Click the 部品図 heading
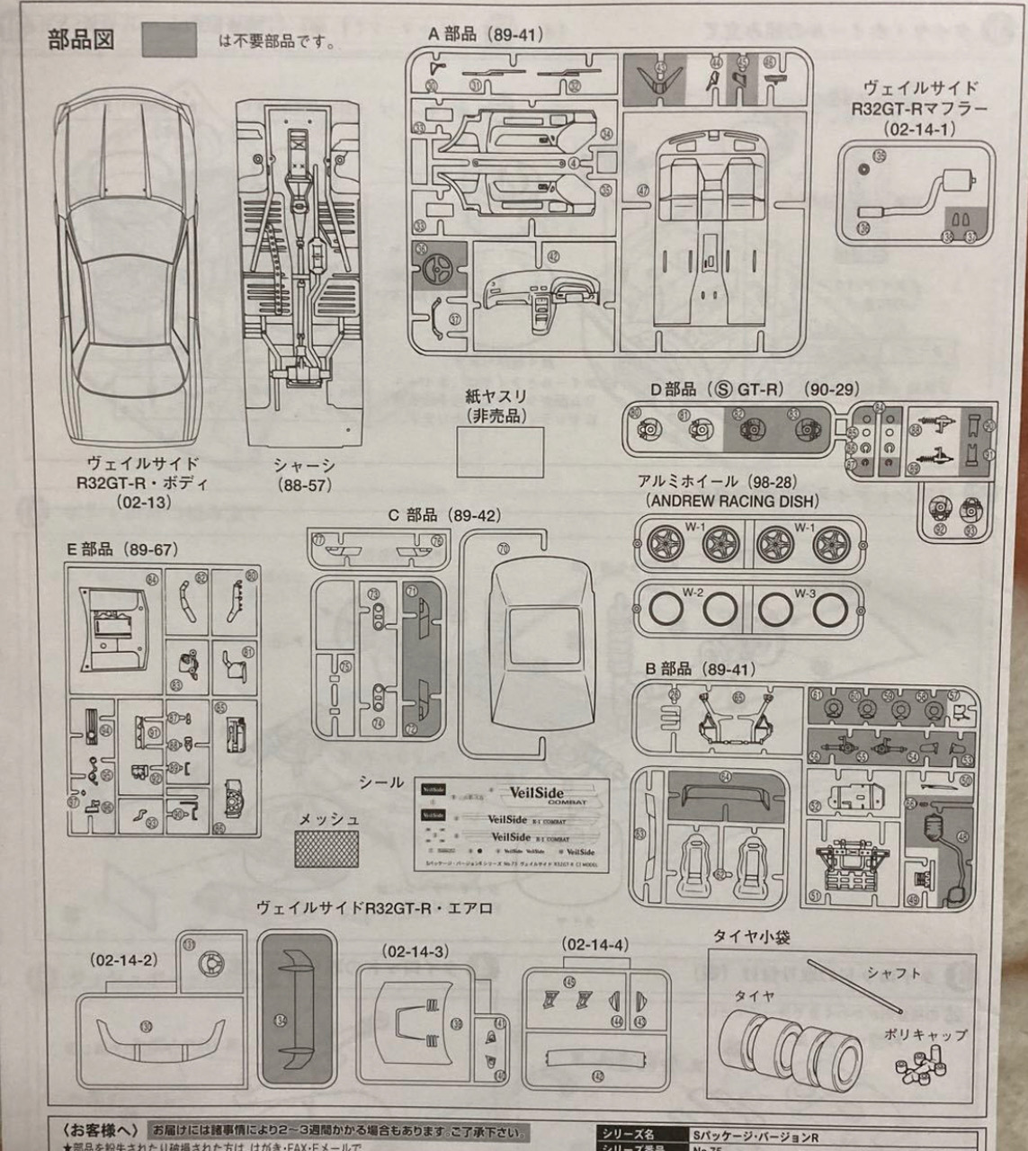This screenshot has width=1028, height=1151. [81, 41]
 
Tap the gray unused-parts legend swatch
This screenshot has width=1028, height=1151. [169, 40]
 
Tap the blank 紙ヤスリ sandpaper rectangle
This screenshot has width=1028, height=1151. [499, 451]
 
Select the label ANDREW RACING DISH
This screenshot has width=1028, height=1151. [730, 502]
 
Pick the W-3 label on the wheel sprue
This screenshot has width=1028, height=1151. [805, 593]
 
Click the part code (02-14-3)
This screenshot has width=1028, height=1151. [416, 951]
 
